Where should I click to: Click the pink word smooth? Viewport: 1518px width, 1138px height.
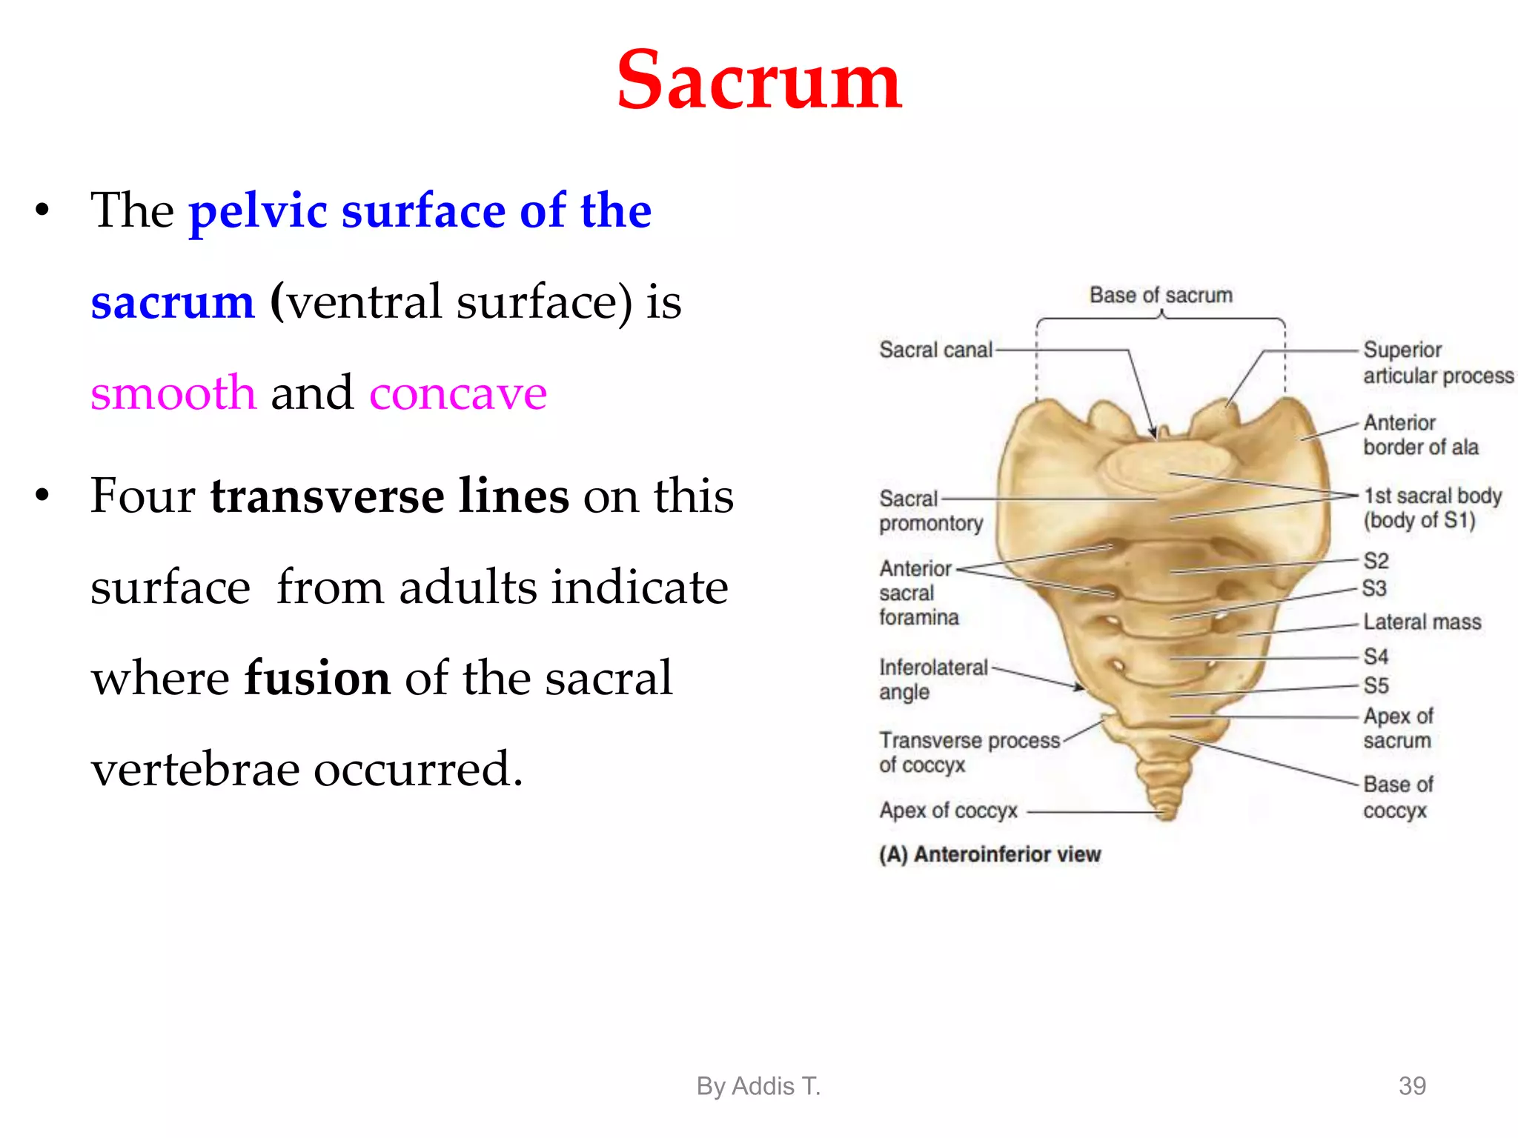click(x=173, y=393)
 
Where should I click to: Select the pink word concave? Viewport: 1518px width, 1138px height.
click(x=457, y=393)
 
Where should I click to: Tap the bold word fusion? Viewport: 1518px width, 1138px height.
click(x=317, y=677)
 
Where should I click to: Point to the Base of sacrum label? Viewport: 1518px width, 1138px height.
click(x=1161, y=296)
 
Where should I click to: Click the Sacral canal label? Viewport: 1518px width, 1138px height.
click(x=935, y=350)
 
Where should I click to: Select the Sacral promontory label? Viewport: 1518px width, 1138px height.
click(x=930, y=511)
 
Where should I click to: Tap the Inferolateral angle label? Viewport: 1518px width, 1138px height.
click(x=932, y=679)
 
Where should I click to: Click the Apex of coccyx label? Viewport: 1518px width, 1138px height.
click(x=948, y=811)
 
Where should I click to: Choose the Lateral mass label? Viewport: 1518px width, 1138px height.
click(x=1422, y=622)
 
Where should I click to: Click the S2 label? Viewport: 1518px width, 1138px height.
click(x=1376, y=561)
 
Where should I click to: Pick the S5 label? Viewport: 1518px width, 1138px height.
click(x=1376, y=685)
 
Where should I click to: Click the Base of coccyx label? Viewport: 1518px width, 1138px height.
click(x=1397, y=797)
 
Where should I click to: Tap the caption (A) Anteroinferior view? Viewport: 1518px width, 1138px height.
click(x=990, y=855)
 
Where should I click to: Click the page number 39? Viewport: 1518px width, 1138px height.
click(x=1411, y=1086)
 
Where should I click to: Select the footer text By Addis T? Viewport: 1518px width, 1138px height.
click(x=758, y=1086)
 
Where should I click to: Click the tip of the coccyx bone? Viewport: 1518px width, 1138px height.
click(x=1165, y=815)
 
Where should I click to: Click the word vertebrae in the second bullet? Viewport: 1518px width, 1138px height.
click(x=194, y=769)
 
